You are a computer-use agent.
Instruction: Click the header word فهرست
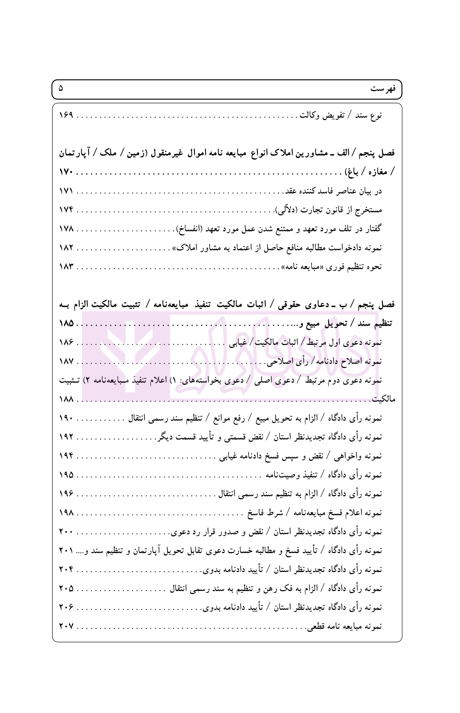(x=383, y=89)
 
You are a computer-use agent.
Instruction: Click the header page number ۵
(x=61, y=89)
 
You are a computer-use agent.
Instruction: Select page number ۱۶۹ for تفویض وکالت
(x=66, y=115)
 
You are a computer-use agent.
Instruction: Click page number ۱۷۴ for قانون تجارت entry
(x=66, y=210)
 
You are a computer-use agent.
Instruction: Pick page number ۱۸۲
(x=66, y=248)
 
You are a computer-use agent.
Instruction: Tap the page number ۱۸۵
(x=66, y=323)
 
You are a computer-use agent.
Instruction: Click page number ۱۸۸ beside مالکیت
(x=66, y=399)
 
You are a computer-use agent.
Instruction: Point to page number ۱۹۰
(x=66, y=418)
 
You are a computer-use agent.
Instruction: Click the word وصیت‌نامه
(x=284, y=475)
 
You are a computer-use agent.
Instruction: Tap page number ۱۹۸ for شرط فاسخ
(x=66, y=513)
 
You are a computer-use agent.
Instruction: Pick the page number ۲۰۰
(x=66, y=532)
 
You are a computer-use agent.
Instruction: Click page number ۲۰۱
(x=66, y=550)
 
